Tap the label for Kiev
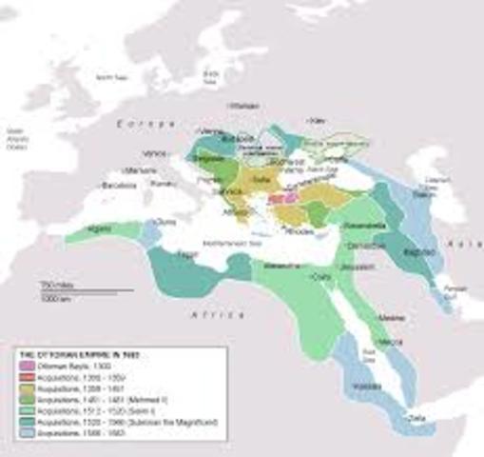point(318,122)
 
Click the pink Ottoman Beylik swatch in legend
point(24,366)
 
